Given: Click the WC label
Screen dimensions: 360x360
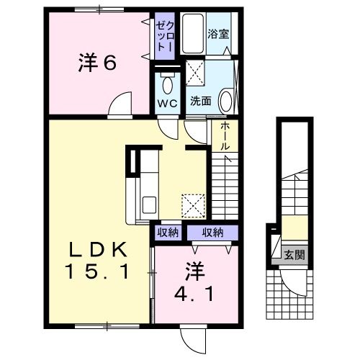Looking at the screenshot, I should coord(167,102).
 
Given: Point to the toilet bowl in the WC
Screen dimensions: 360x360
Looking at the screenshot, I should coord(167,85).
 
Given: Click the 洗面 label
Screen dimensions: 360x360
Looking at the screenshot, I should coord(200,102).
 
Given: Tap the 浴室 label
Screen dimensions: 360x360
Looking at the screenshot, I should coord(218,32).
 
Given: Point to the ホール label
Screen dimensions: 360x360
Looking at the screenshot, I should coord(225,135).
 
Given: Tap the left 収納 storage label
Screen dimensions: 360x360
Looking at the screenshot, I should coord(168,233).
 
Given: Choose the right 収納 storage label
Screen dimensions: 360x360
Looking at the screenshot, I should coord(212,233).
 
